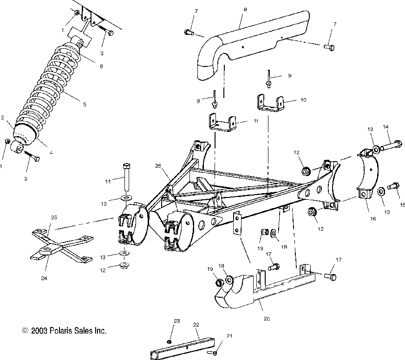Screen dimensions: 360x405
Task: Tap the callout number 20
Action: [266, 319]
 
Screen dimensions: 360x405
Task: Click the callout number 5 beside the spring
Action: [84, 105]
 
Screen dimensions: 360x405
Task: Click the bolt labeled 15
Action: [392, 186]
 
